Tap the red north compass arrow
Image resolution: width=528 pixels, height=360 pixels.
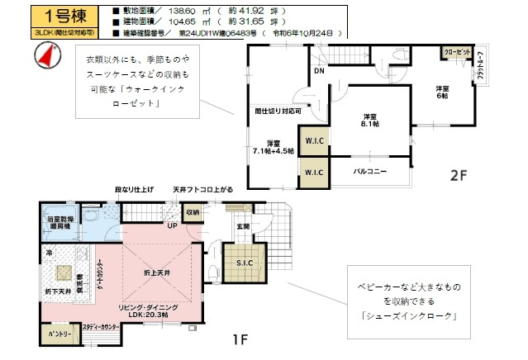click(x=46, y=55)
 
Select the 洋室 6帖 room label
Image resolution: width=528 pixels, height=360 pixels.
click(x=444, y=92)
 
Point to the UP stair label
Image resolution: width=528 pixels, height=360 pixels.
click(x=173, y=225)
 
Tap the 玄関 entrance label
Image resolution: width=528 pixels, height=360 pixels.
click(x=244, y=225)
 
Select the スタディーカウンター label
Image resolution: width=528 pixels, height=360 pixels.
click(x=101, y=328)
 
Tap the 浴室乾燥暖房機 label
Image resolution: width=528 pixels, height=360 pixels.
click(x=60, y=223)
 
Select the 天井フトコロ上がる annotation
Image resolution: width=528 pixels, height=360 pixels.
click(x=202, y=190)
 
